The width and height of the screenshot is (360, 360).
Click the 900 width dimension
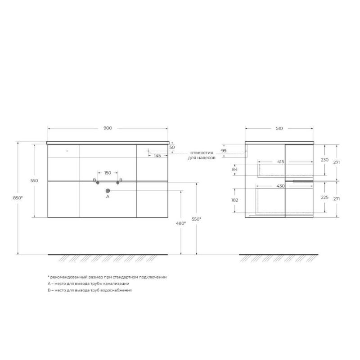tap(108, 128)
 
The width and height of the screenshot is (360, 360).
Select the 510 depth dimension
tap(279, 128)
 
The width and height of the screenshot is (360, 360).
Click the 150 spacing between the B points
tap(108, 173)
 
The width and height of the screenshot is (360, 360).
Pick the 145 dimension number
tap(157, 156)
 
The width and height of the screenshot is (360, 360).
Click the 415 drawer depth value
tap(280, 161)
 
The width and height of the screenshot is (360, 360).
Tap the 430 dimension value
tap(280, 186)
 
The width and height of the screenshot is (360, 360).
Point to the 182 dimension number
tap(234, 199)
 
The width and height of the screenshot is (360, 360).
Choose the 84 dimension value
tap(234, 170)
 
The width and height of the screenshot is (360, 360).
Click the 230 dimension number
tap(325, 160)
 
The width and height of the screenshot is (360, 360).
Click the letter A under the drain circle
tap(108, 197)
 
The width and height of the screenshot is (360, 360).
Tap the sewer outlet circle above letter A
tap(108, 191)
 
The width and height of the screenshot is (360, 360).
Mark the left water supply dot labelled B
tap(98, 182)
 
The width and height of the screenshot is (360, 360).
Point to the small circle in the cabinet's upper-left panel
tap(67, 151)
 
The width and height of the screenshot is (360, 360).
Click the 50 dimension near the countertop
tap(172, 147)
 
